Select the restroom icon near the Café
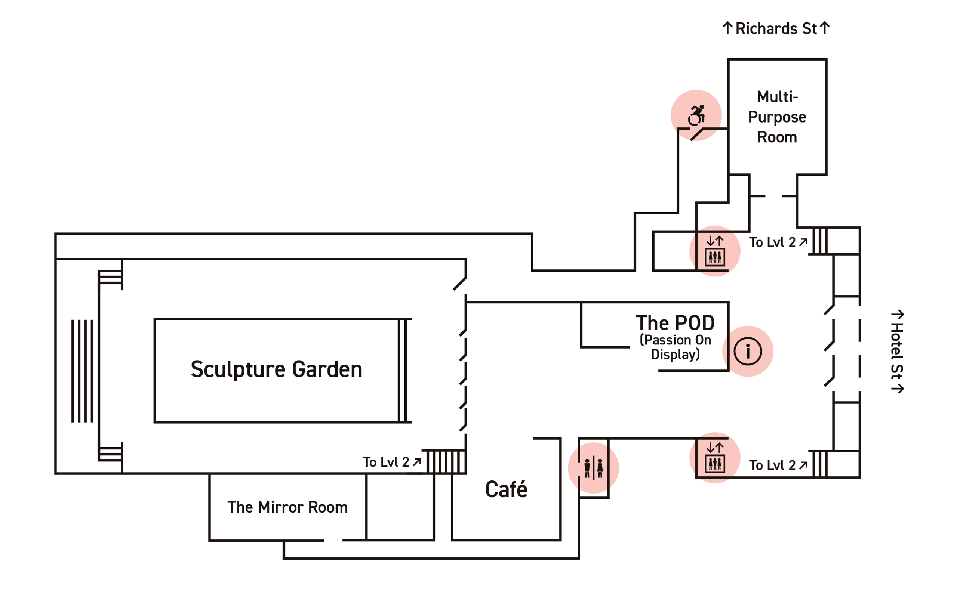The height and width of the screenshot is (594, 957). [x=594, y=468]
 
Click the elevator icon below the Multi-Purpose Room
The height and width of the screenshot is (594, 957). [x=715, y=251]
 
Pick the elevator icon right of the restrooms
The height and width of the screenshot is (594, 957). [x=715, y=458]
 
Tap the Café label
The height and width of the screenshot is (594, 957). [x=506, y=489]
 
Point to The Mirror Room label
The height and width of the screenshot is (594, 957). [x=288, y=507]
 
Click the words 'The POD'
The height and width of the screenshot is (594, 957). [x=675, y=323]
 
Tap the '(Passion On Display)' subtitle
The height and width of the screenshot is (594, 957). [x=675, y=347]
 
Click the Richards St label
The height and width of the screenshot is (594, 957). [x=776, y=28]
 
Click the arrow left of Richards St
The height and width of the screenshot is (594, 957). [x=727, y=28]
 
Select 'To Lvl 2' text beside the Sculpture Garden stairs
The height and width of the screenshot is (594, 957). [x=386, y=462]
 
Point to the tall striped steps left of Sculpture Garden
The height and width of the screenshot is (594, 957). [x=83, y=371]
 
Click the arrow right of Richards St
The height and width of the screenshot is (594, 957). [x=825, y=28]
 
